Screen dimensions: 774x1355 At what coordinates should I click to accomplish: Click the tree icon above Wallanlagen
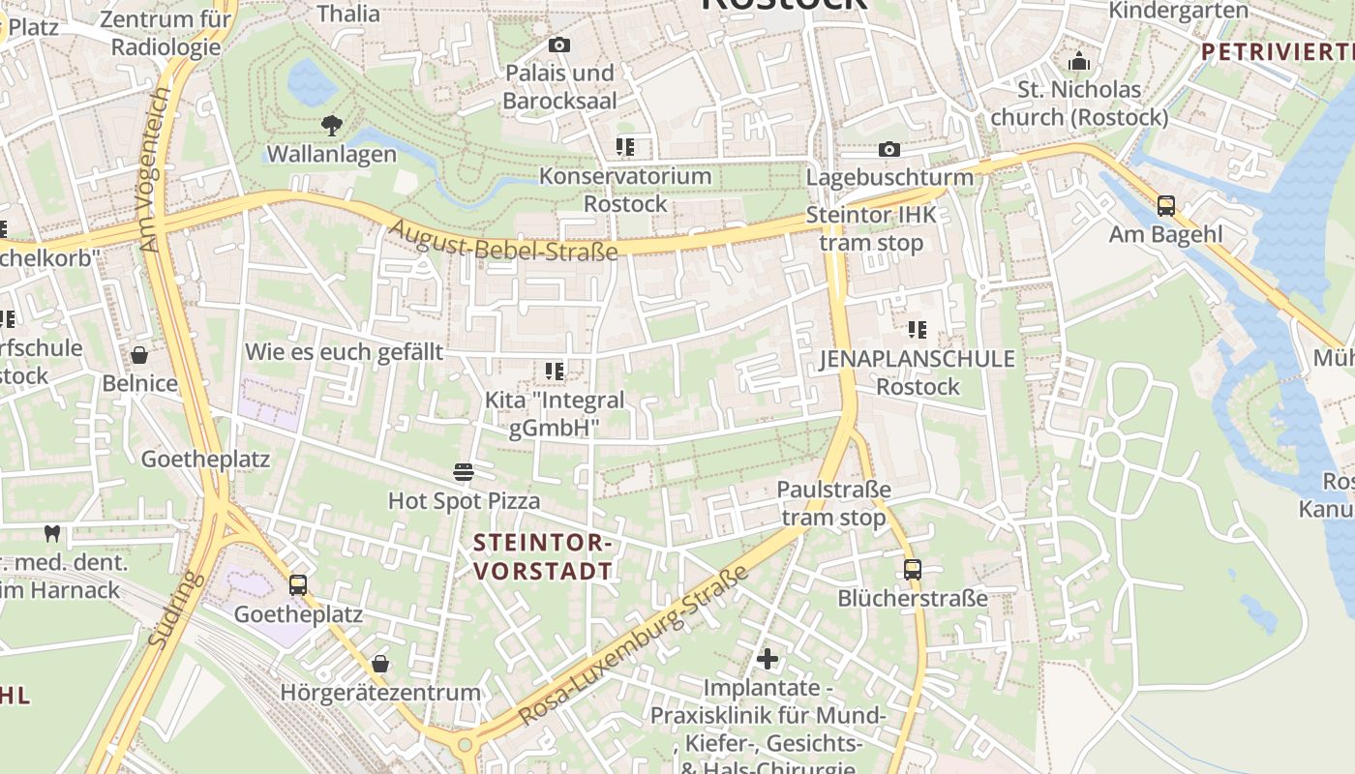coord(332,125)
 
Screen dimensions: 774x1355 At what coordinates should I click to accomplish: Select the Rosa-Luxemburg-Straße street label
coord(634,645)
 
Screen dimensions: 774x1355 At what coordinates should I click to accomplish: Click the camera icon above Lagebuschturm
coord(888,149)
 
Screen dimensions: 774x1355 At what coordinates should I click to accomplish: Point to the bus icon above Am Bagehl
coord(1166,205)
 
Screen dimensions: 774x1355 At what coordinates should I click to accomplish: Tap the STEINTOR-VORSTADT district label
coord(543,557)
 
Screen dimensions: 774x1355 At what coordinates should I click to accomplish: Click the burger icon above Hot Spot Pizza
coord(464,472)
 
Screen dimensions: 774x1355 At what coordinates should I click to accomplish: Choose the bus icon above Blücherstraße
coord(913,569)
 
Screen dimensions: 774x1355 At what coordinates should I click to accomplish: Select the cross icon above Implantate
coord(768,660)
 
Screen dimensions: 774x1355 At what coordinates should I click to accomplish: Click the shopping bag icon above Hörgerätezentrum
coord(380,664)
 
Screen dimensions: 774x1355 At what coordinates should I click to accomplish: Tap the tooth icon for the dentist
coord(52,532)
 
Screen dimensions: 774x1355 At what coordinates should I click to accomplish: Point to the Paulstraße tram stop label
coord(833,503)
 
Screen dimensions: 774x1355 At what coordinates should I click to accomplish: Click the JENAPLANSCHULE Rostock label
coord(918,372)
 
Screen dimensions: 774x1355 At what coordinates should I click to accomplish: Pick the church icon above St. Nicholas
coord(1079,62)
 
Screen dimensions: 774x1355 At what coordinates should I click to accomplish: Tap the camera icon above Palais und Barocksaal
coord(558,45)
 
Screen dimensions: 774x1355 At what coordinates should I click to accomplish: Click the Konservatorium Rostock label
coord(625,190)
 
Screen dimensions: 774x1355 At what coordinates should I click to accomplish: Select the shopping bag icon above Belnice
coord(139,355)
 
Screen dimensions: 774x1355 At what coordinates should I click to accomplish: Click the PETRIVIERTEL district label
coord(1277,52)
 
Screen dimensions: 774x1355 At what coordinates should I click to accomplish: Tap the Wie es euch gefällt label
coord(344,351)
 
